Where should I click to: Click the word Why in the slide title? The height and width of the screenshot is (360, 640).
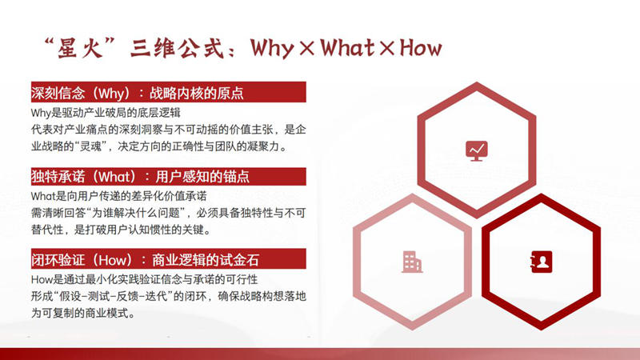pyautogui.click(x=272, y=48)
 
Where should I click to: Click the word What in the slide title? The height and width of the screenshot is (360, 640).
pyautogui.click(x=347, y=48)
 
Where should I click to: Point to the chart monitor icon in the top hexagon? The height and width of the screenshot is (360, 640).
pyautogui.click(x=476, y=150)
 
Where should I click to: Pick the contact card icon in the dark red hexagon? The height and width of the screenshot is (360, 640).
pyautogui.click(x=541, y=261)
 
